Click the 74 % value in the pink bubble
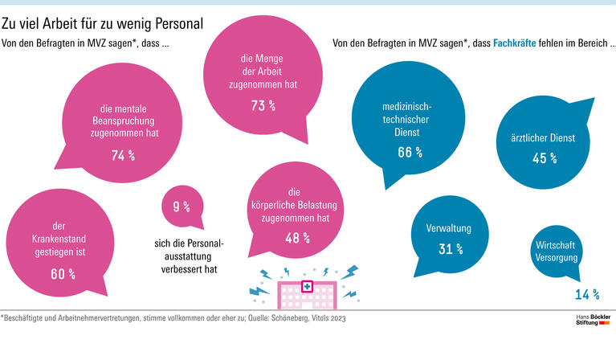[x=122, y=155]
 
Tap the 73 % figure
[x=263, y=104]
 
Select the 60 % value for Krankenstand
[x=63, y=274]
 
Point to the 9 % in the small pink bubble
[x=182, y=207]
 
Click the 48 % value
[x=298, y=238]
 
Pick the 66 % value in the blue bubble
[x=410, y=152]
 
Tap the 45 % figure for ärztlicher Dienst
[x=544, y=158]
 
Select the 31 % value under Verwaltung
[x=451, y=248]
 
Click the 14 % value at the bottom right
[x=588, y=294]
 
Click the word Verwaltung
[x=448, y=228]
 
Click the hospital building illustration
[x=304, y=292]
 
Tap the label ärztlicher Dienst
[x=544, y=138]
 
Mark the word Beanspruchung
[x=123, y=121]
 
